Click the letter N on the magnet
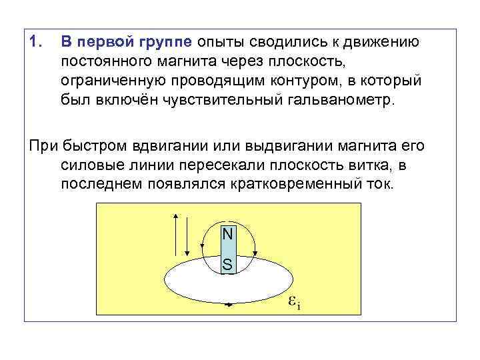pos(227,234)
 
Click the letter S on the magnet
pos(227,265)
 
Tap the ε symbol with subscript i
pos(293,301)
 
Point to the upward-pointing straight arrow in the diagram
pos(175,234)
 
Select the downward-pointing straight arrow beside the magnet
pos(189,234)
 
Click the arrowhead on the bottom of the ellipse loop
pos(229,304)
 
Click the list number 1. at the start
pos(35,42)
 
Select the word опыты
pos(219,43)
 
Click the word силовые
pos(87,165)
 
